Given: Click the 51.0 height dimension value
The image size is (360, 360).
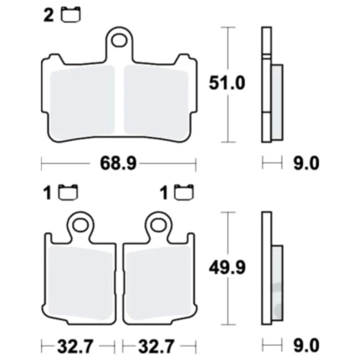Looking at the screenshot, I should (x=227, y=84).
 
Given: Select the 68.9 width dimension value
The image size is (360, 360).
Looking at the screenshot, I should (x=118, y=164).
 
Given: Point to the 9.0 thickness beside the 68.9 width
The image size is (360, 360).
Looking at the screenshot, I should (x=304, y=164).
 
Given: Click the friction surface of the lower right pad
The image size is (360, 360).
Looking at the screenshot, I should (x=159, y=280).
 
